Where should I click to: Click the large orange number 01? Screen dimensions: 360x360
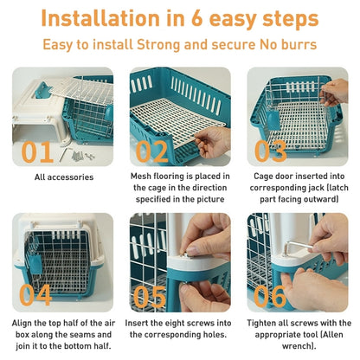point(36,151)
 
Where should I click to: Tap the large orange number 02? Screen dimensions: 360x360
point(151,151)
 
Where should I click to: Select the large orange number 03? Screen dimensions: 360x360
point(271,151)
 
